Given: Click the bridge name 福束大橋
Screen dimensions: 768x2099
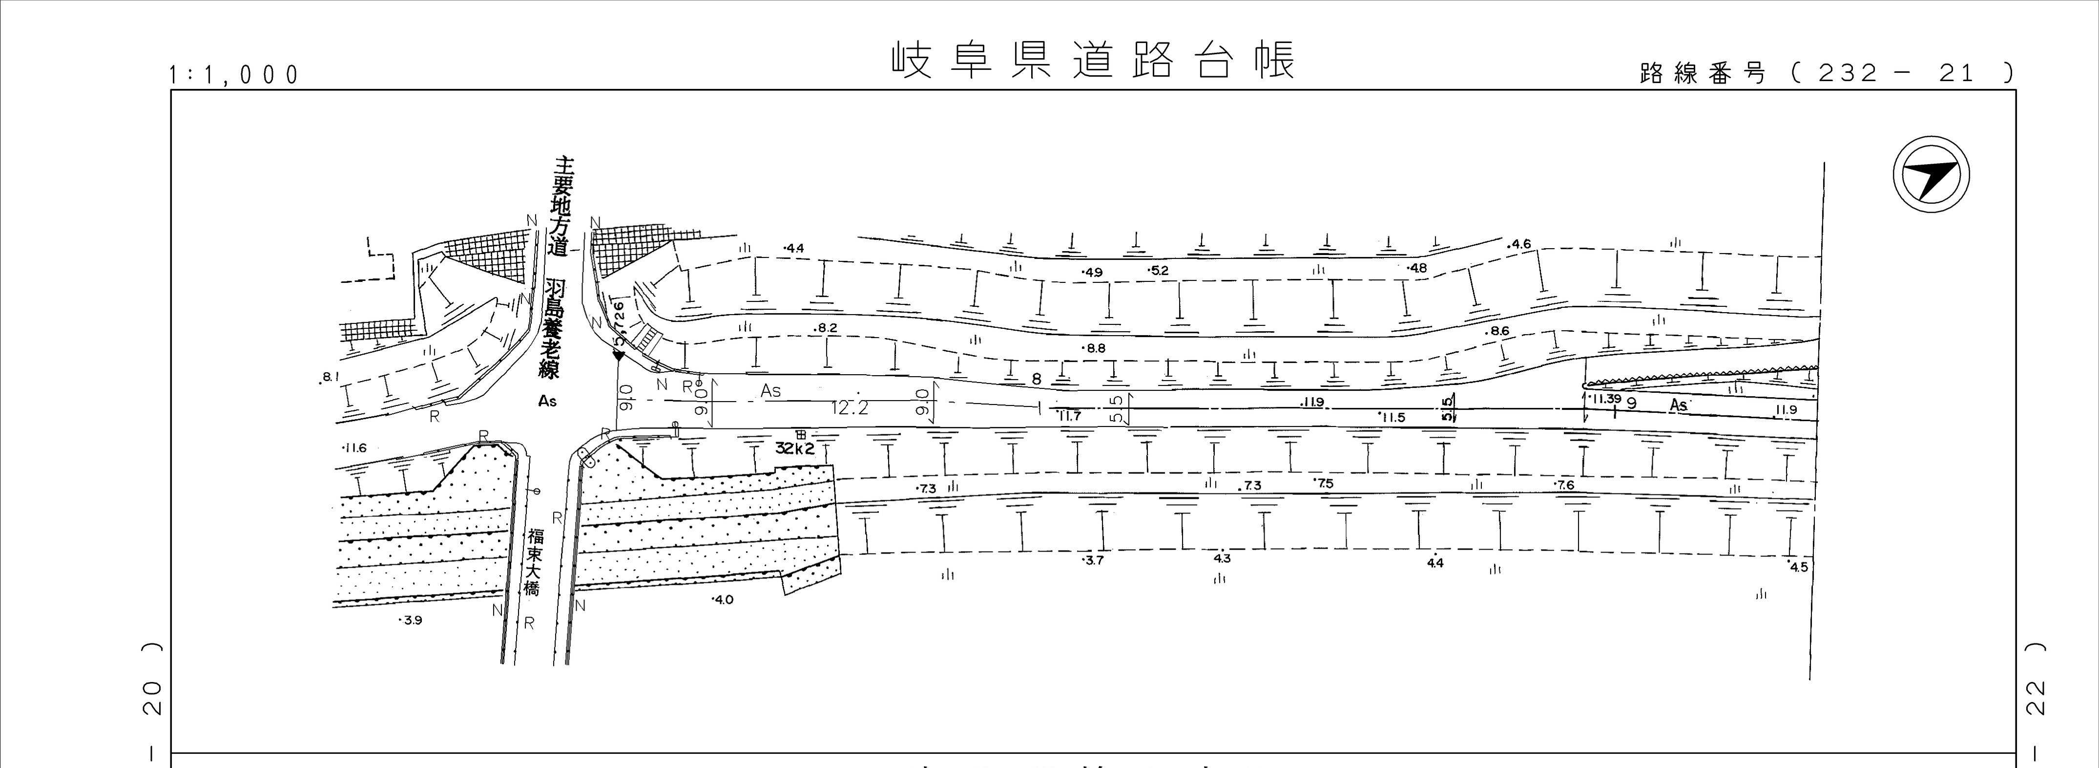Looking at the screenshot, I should coord(534,562).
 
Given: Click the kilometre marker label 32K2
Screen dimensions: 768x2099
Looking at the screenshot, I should coord(794,448).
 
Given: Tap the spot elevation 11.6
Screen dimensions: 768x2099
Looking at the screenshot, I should coord(355,448).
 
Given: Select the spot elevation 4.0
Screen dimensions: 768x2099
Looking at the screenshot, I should coord(723,599).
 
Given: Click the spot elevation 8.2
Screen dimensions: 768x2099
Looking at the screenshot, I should coord(826,328).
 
